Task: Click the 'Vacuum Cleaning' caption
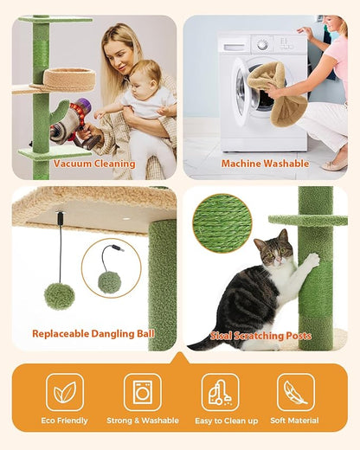pos(94,164)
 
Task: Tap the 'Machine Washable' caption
pos(265,164)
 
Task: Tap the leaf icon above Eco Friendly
pos(65,392)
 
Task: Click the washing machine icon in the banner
pos(142,392)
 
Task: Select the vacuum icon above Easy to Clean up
pos(219,392)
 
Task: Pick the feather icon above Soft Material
pos(296,392)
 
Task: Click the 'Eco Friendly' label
pos(65,421)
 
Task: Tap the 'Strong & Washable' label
pos(142,421)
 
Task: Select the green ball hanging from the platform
pos(59,296)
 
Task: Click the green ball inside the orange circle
pos(109,281)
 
